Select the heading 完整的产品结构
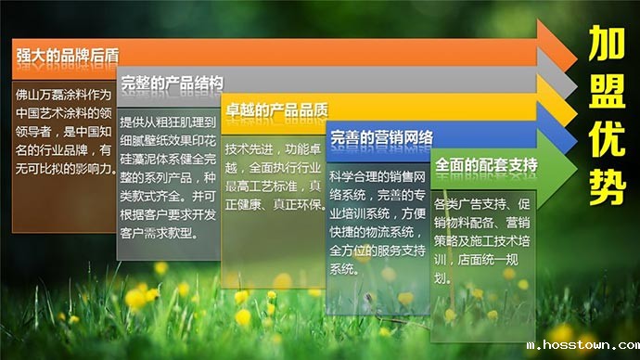click(172, 83)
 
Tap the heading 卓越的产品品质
click(275, 110)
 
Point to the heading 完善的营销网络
click(381, 138)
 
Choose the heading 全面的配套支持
click(486, 165)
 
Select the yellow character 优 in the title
click(605, 141)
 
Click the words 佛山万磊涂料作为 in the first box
click(64, 95)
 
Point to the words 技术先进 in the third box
click(250, 148)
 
